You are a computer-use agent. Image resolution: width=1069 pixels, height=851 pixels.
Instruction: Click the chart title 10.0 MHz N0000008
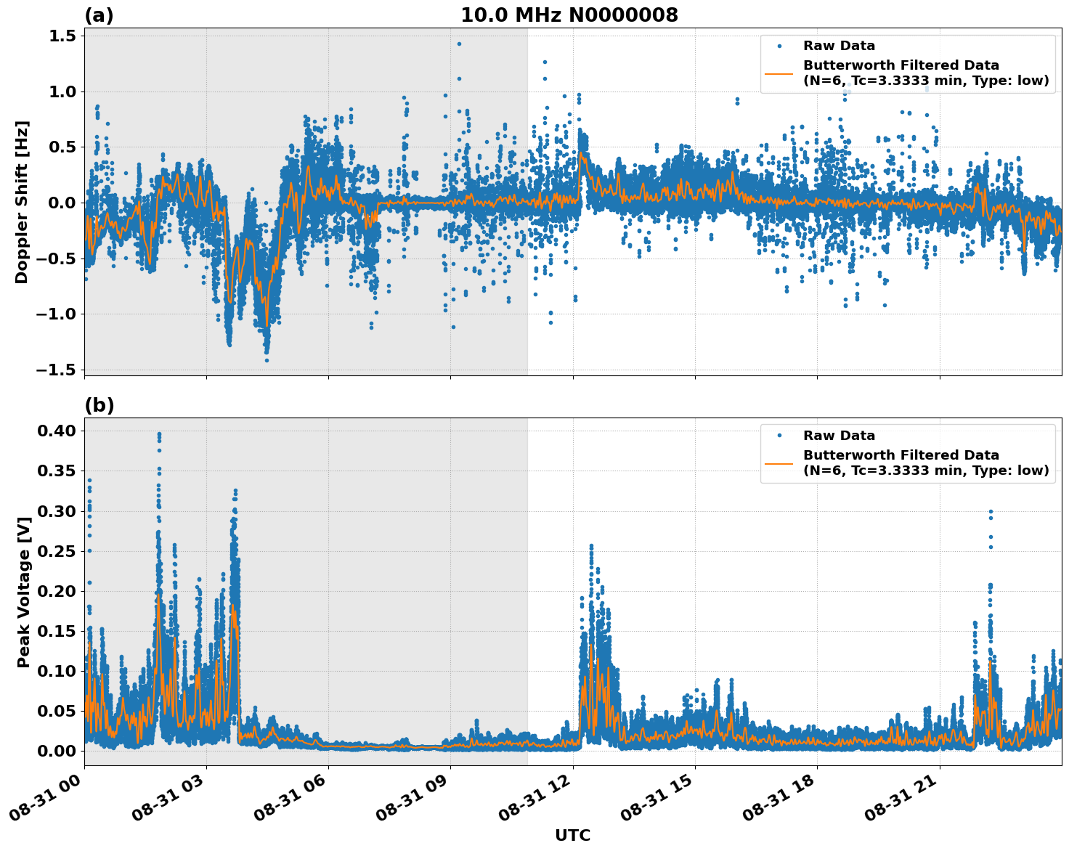pos(569,15)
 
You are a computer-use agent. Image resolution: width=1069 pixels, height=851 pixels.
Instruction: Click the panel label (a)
pos(99,15)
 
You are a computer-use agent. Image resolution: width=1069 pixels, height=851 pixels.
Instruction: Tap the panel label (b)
pos(99,405)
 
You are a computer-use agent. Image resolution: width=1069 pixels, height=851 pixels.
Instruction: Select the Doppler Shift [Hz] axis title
pos(22,202)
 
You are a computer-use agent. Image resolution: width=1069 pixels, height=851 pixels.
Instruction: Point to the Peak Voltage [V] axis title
pos(23,592)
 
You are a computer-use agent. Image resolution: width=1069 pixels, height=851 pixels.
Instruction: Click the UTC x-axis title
pos(572,835)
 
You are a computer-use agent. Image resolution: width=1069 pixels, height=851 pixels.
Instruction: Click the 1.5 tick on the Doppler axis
pos(61,36)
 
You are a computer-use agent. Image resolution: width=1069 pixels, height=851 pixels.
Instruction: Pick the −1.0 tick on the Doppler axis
pos(56,314)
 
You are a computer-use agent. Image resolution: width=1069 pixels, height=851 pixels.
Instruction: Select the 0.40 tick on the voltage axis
pos(57,431)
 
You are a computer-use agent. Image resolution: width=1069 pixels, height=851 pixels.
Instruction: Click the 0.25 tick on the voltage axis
pos(57,551)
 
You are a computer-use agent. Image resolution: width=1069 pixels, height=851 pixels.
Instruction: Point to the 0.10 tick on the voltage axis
pos(57,671)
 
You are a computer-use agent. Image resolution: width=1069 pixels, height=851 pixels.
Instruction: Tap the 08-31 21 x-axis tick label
pos(901,797)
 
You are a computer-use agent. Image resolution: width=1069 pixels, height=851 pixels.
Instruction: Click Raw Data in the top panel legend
pos(839,46)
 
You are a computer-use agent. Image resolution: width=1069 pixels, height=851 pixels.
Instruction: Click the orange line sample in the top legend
pos(779,73)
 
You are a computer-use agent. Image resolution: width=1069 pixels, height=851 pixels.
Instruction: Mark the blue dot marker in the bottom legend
pos(779,436)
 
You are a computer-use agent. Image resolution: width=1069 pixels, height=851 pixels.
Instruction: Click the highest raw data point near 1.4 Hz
pos(459,44)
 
